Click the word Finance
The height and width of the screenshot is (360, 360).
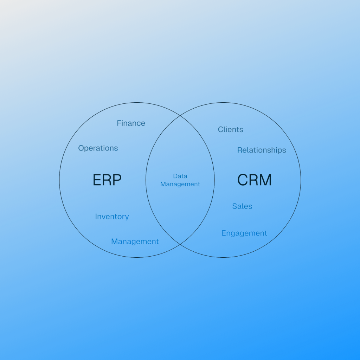click(x=131, y=123)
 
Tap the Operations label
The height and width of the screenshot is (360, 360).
click(x=98, y=148)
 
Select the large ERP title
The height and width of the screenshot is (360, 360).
click(x=107, y=180)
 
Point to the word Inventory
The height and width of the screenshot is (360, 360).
click(x=112, y=217)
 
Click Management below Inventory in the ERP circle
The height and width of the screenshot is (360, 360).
click(x=135, y=242)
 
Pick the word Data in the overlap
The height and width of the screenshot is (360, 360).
click(x=180, y=176)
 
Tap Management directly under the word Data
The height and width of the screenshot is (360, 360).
click(x=180, y=184)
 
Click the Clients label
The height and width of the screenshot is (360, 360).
click(x=230, y=130)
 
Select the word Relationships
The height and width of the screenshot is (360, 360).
click(x=262, y=150)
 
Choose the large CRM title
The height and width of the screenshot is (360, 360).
click(x=254, y=180)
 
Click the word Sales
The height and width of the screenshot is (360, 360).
click(x=242, y=206)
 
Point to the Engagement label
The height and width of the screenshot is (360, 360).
click(x=244, y=233)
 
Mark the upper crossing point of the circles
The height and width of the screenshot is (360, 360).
click(x=180, y=116)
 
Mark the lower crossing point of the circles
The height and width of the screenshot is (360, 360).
click(x=180, y=244)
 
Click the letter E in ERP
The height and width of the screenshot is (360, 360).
click(x=97, y=180)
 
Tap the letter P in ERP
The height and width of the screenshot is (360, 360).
click(x=117, y=180)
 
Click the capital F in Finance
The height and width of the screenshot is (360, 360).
click(x=119, y=123)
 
